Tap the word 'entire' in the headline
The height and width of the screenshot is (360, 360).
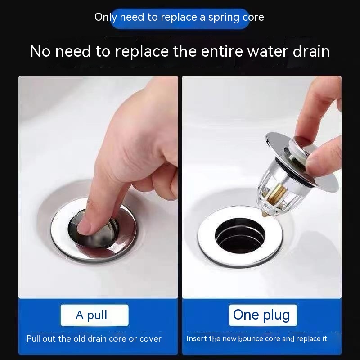point(222,51)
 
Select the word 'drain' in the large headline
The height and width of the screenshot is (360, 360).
point(311,51)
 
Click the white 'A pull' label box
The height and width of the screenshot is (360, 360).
point(94,315)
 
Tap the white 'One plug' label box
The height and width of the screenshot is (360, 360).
point(263,315)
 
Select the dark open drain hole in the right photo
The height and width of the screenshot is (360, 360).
point(240,236)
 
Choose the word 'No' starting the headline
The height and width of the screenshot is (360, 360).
point(40,51)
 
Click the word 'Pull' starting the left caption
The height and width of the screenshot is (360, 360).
point(32,339)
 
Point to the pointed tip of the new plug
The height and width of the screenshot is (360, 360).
point(264,214)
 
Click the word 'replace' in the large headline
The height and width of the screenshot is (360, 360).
point(142,52)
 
